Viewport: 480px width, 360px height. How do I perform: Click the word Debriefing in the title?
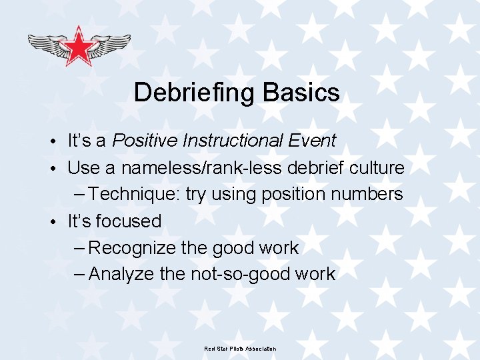pos(194,93)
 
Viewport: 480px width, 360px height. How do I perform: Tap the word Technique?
pos(134,194)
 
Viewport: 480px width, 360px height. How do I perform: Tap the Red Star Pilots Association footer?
pos(240,349)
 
